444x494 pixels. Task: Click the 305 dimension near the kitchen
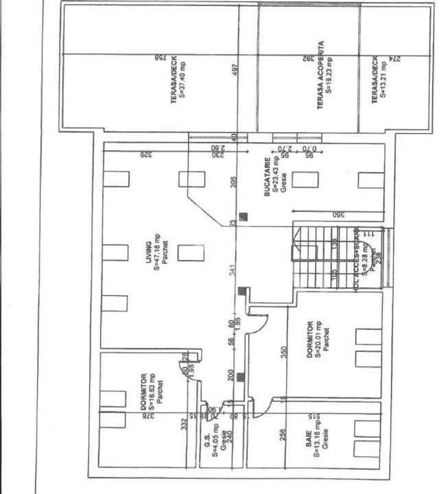[233, 182]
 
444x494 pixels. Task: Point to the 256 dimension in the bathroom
[281, 434]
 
